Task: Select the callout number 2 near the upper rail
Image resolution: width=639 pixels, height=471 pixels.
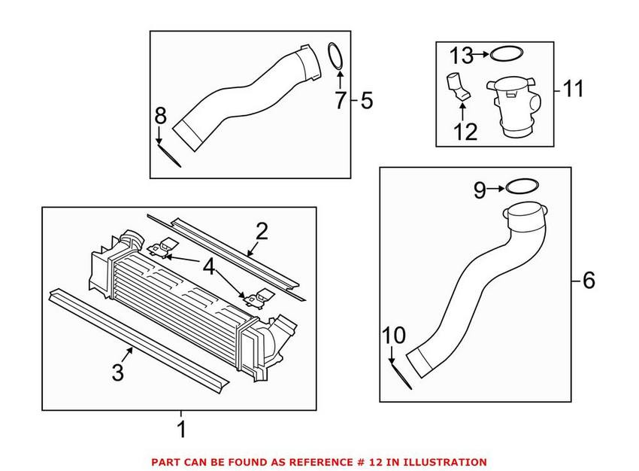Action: pos(261,232)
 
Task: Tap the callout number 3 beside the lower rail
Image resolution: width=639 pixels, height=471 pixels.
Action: pos(118,372)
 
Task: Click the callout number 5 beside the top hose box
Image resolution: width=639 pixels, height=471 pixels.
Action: pos(366,100)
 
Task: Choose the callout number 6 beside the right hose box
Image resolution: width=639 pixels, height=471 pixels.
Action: pos(588,281)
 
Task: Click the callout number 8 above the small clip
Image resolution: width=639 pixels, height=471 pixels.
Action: pos(159,116)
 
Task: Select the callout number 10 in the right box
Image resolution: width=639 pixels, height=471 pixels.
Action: pos(394,336)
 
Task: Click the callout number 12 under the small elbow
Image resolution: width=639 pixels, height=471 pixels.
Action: pos(465,132)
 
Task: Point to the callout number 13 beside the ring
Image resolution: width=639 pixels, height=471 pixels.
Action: pos(462,54)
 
